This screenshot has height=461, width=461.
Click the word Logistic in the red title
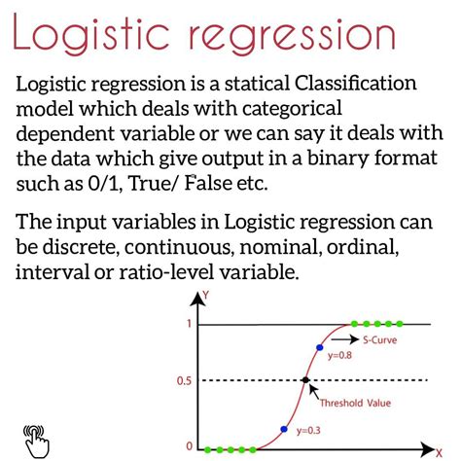pyautogui.click(x=91, y=33)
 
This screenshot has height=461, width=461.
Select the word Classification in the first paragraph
pyautogui.click(x=356, y=83)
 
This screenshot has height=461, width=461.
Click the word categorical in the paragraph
pyautogui.click(x=292, y=109)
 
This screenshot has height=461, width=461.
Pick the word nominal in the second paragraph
pyautogui.click(x=281, y=247)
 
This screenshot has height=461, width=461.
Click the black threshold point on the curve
pyautogui.click(x=305, y=380)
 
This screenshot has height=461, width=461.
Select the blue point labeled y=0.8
pyautogui.click(x=320, y=347)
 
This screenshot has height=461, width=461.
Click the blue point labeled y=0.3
pyautogui.click(x=284, y=429)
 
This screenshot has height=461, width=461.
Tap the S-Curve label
pyautogui.click(x=379, y=339)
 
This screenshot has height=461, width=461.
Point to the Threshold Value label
pyautogui.click(x=355, y=403)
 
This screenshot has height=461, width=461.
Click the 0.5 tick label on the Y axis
pyautogui.click(x=184, y=381)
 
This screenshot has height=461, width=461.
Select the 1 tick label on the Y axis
pyautogui.click(x=189, y=324)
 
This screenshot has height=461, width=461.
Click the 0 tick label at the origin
pyautogui.click(x=190, y=446)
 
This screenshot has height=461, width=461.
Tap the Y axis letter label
pyautogui.click(x=205, y=296)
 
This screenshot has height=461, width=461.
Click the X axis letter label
pyautogui.click(x=439, y=452)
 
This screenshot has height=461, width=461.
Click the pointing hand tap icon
pyautogui.click(x=36, y=442)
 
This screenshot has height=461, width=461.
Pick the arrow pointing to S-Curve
pyautogui.click(x=345, y=339)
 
